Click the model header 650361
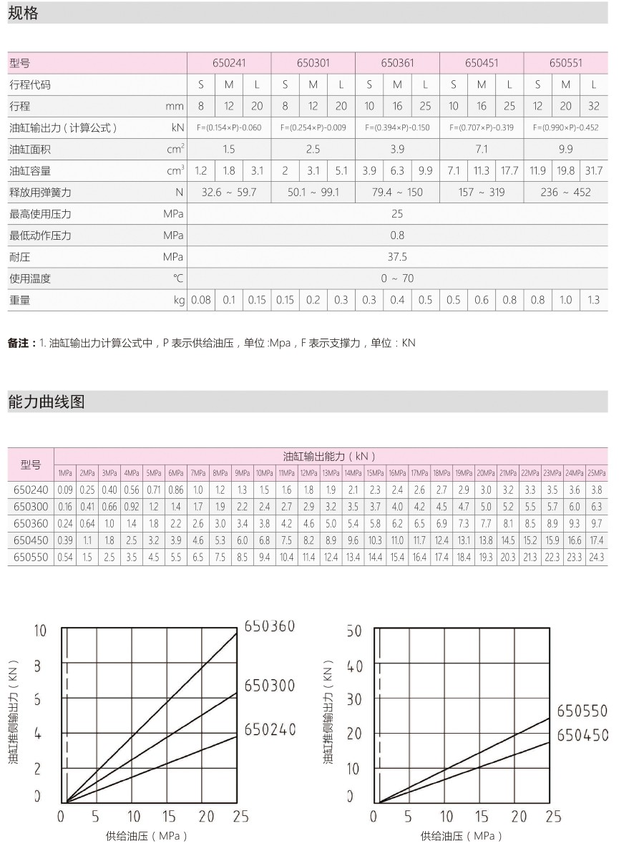click(x=397, y=63)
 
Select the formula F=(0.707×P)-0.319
click(x=482, y=128)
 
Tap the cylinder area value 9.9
click(x=566, y=150)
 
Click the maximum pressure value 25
click(x=397, y=214)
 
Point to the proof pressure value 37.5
click(x=397, y=257)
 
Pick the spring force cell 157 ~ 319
click(x=482, y=193)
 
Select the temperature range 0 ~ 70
click(x=397, y=278)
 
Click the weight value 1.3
click(x=594, y=300)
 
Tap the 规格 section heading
click(x=23, y=12)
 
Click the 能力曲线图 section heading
click(x=47, y=402)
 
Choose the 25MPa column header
click(x=597, y=473)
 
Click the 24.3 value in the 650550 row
click(x=597, y=557)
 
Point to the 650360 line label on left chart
click(x=270, y=626)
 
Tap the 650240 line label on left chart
click(x=270, y=729)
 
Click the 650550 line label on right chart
click(x=582, y=711)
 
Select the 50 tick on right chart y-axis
click(x=354, y=631)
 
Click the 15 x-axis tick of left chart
click(x=169, y=816)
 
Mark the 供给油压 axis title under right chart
click(x=462, y=835)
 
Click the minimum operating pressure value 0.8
click(x=397, y=235)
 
